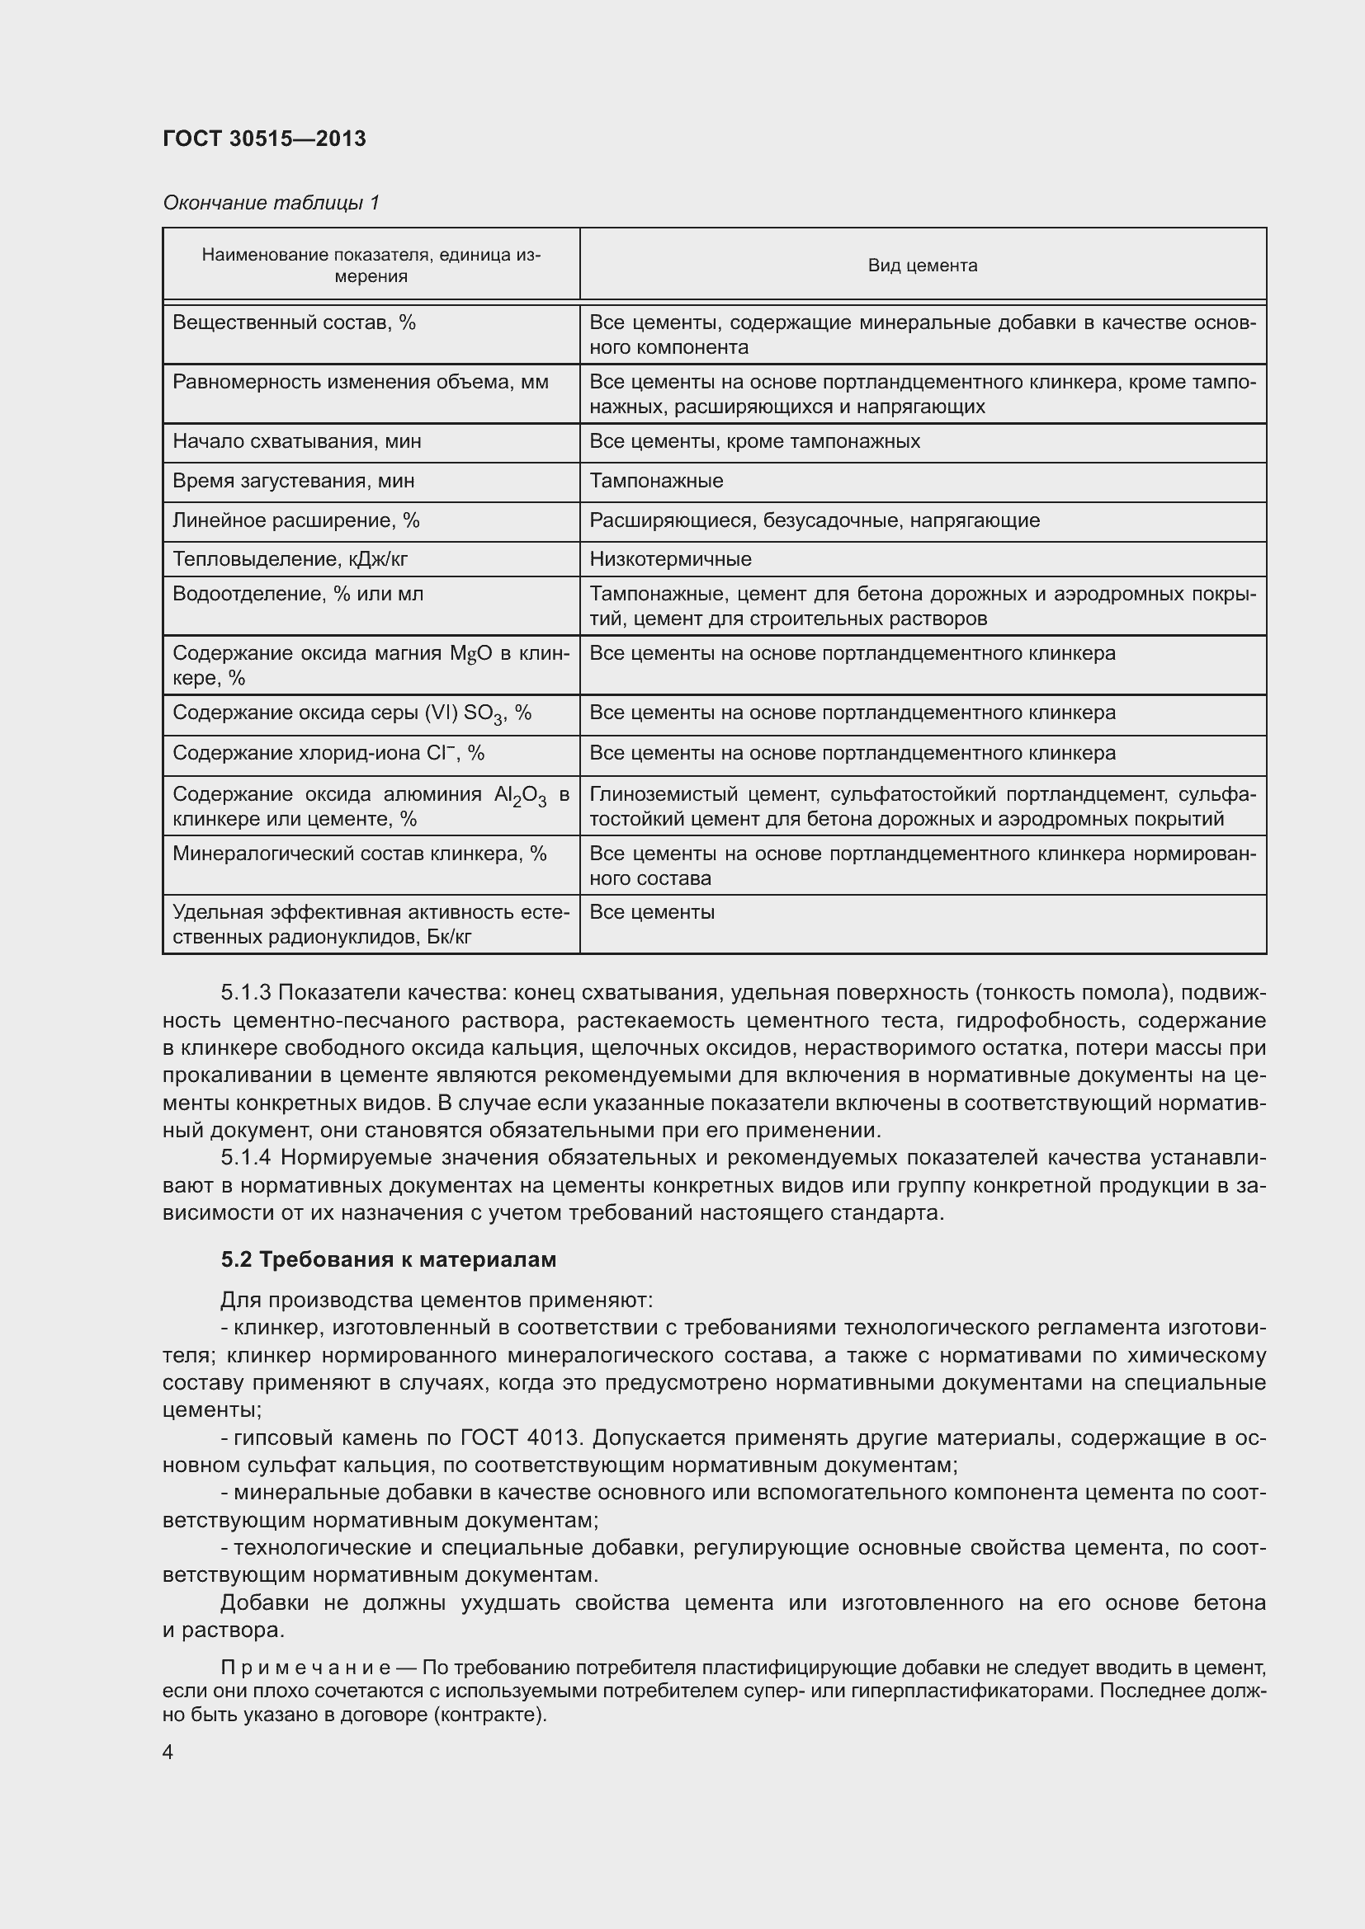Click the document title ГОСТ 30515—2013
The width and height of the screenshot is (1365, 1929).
[264, 139]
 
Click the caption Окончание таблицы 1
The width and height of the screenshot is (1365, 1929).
[271, 203]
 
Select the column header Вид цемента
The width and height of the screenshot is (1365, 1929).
[922, 266]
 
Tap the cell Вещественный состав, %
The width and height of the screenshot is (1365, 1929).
[294, 323]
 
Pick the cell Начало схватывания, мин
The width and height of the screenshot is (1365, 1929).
[297, 442]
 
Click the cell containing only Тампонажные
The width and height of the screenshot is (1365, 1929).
[655, 482]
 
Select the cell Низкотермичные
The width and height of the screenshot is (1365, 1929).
[670, 559]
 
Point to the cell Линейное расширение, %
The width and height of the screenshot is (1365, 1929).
[296, 521]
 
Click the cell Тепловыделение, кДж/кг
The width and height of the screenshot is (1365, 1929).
[290, 559]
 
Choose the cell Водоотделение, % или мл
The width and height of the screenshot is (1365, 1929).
[298, 594]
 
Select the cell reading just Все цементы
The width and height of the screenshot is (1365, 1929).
[651, 912]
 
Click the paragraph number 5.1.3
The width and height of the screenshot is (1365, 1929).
[245, 993]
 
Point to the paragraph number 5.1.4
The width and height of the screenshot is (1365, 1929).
[245, 1158]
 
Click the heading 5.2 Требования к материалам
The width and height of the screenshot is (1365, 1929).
[389, 1259]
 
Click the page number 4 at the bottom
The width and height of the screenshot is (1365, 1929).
[168, 1753]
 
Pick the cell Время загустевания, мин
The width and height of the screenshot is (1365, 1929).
[293, 482]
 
